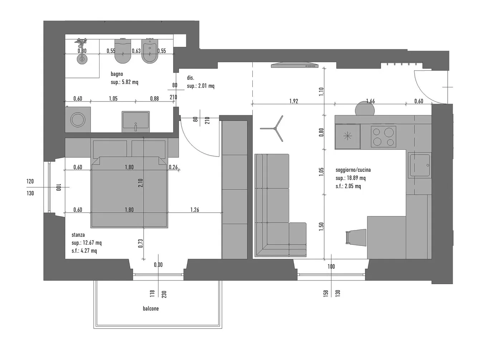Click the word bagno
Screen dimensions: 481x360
pos(117,74)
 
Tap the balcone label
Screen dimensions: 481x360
pos(151,308)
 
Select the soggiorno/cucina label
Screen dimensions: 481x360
pos(353,170)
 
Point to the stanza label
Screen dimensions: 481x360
pos(78,235)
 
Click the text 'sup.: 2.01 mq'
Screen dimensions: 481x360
pos(200,86)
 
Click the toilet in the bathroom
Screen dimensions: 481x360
pos(123,51)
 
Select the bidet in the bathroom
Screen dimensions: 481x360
pos(150,51)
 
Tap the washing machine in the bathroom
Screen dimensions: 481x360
pos(78,120)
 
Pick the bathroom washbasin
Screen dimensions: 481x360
pos(136,122)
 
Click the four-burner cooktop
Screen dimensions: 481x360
pos(384,136)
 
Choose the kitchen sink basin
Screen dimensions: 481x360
pos(420,165)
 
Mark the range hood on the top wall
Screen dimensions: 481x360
pos(295,65)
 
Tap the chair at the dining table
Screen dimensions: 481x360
pos(356,238)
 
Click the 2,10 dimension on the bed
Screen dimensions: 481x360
pos(140,183)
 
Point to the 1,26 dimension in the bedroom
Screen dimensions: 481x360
pos(195,210)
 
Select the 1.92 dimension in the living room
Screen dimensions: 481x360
pos(293,101)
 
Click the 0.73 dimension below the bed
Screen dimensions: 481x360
pos(140,243)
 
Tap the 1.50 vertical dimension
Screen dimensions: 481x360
pos(321,227)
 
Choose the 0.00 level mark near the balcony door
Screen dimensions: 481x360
pos(158,265)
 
